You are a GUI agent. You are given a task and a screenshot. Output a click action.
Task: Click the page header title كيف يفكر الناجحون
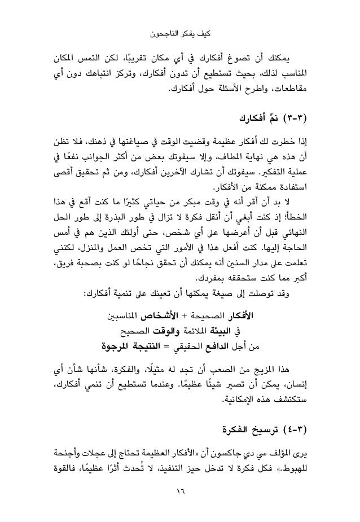[180, 35]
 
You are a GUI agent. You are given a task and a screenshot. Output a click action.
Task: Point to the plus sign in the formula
[202, 312]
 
